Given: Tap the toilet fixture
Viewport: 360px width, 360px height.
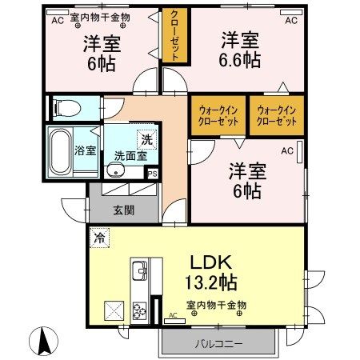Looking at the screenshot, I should [64, 106].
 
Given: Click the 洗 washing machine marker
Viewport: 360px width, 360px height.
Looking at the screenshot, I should [146, 138].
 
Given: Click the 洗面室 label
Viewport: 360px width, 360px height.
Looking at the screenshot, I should [129, 156].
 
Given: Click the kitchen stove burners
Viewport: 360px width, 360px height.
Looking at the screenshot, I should [138, 308].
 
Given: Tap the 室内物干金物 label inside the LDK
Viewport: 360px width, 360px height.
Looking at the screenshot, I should [216, 304].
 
